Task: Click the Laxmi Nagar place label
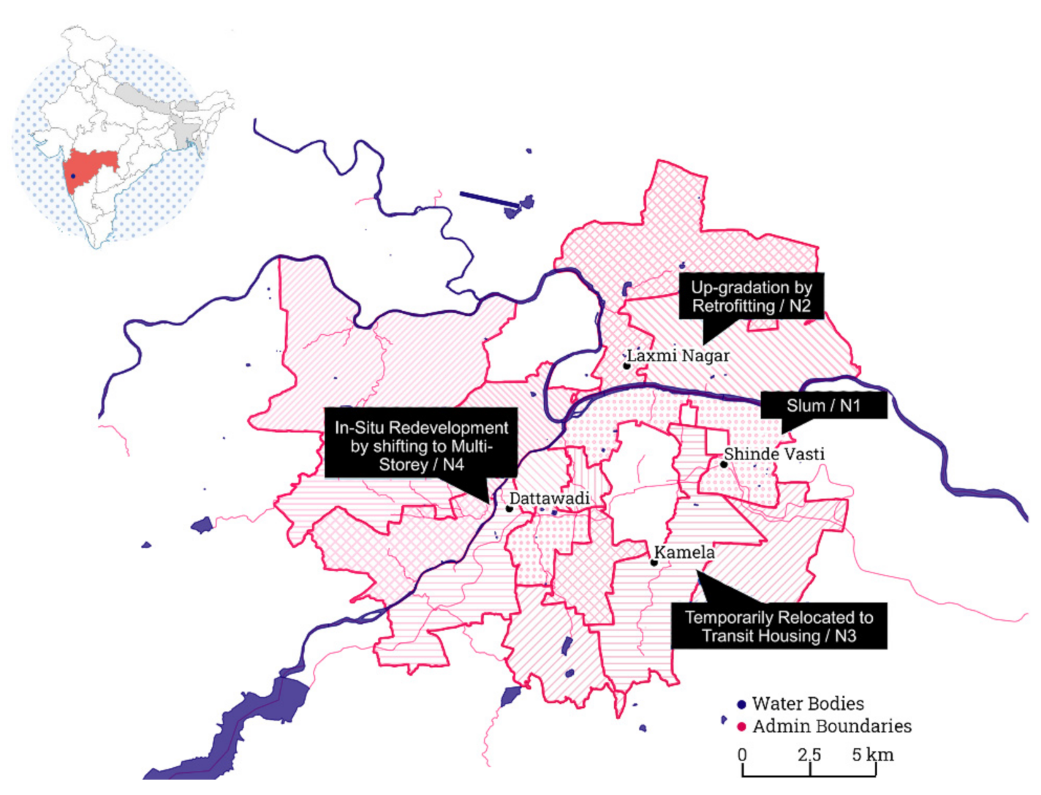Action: (x=678, y=356)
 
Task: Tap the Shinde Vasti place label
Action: (x=774, y=454)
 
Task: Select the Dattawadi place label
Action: (x=549, y=499)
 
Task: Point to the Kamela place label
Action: (x=684, y=552)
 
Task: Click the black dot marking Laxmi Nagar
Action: (x=627, y=366)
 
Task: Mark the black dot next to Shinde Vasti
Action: (x=724, y=464)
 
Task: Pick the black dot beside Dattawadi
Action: (x=510, y=508)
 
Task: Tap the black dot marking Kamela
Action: (x=654, y=562)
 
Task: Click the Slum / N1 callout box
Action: (x=823, y=405)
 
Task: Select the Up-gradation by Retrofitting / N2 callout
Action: (x=752, y=296)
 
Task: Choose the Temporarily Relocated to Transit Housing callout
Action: (x=779, y=626)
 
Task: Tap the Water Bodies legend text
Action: (x=808, y=704)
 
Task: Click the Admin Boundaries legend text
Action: (x=832, y=726)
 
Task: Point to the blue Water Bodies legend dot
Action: (x=741, y=704)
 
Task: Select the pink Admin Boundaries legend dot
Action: (x=741, y=727)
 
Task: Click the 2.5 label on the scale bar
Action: (x=809, y=754)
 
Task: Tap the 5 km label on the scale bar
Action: (x=872, y=754)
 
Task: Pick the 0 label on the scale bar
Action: (x=743, y=754)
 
